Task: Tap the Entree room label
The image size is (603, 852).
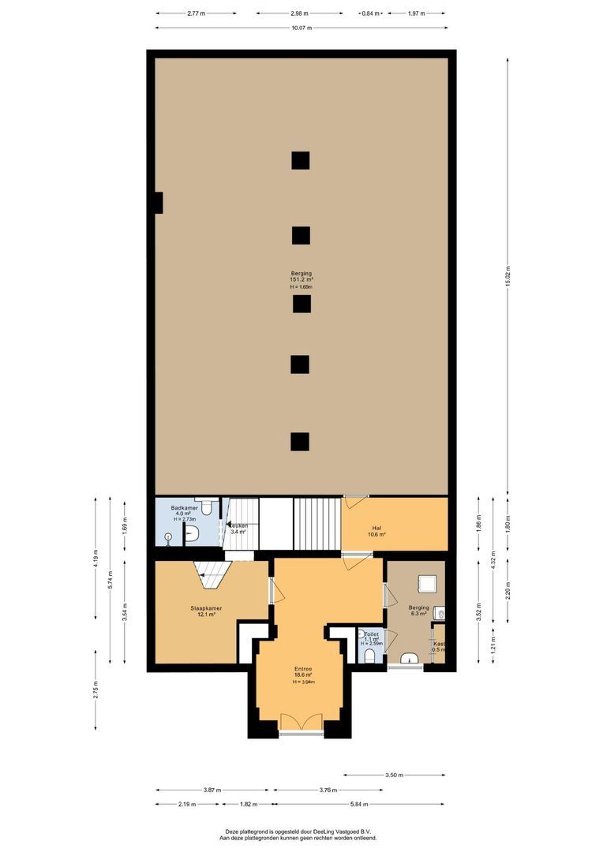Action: point(301,668)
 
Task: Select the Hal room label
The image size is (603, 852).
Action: point(376,529)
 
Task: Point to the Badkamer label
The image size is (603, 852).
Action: point(186,508)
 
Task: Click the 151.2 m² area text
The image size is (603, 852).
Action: point(301,279)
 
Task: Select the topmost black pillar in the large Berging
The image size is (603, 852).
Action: point(300,160)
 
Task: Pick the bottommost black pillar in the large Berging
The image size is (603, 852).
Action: point(299,442)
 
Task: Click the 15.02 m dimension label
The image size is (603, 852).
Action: point(508,275)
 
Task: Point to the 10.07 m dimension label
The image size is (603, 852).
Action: point(301,28)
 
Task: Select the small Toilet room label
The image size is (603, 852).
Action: point(372,633)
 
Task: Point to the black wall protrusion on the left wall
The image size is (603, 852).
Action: point(158,203)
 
